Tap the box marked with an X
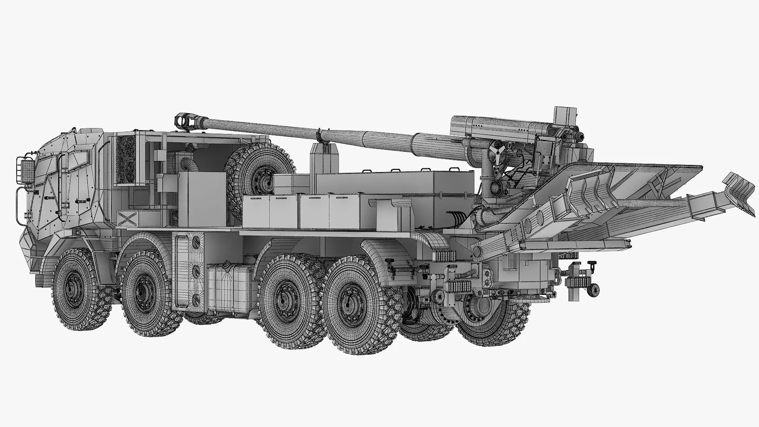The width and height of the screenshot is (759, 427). coord(127,217)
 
